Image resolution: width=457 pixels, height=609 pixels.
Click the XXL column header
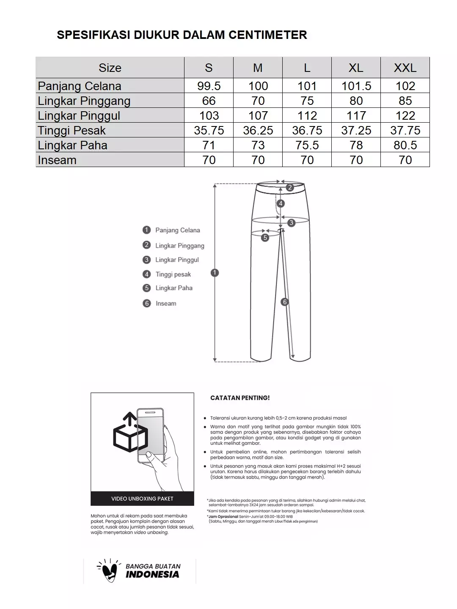click(x=405, y=68)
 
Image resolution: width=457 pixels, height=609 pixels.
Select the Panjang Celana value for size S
click(x=209, y=86)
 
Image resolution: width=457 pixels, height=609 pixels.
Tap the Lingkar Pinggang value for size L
click(x=307, y=101)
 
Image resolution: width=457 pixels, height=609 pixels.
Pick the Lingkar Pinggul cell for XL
click(x=356, y=115)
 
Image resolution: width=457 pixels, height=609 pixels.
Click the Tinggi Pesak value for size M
click(x=258, y=130)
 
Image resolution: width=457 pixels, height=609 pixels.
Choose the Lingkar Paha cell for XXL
click(x=405, y=145)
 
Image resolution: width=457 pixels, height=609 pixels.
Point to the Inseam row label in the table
click(x=57, y=160)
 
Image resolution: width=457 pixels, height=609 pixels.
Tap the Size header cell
click(x=110, y=68)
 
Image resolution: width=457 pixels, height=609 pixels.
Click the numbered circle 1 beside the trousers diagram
click(x=215, y=273)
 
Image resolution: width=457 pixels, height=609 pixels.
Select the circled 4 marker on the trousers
click(x=281, y=203)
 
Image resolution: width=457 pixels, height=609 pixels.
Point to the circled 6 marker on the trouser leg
click(x=285, y=302)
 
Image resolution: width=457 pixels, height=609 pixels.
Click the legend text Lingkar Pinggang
click(x=179, y=245)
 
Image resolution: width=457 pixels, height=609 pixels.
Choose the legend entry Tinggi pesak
click(x=173, y=274)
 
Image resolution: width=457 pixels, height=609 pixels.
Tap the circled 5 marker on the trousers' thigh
click(x=265, y=237)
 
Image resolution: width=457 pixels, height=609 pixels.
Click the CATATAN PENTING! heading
click(x=240, y=398)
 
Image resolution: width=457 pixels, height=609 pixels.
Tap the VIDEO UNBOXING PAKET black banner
click(x=142, y=499)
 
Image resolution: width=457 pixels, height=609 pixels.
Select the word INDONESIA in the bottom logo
click(x=152, y=574)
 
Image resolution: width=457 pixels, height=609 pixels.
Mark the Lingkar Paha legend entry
click(x=173, y=288)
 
